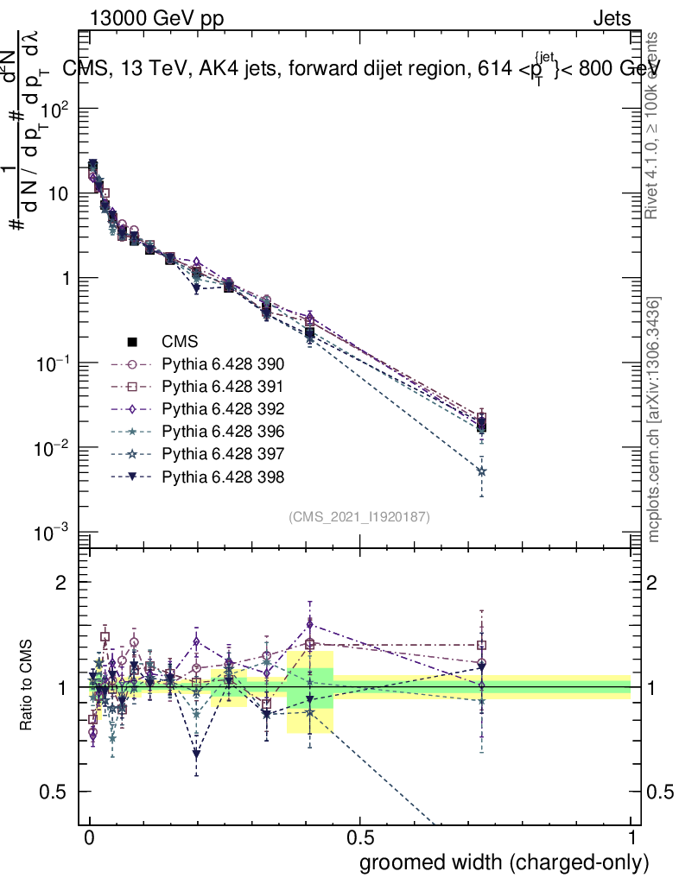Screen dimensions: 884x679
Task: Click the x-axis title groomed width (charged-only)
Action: tap(504, 862)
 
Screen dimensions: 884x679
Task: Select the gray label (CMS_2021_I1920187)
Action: tap(359, 516)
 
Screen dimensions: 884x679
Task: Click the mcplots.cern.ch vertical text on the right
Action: tap(655, 420)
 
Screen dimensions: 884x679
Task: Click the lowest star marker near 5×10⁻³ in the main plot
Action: tap(481, 471)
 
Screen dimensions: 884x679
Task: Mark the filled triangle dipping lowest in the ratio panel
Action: tap(197, 754)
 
